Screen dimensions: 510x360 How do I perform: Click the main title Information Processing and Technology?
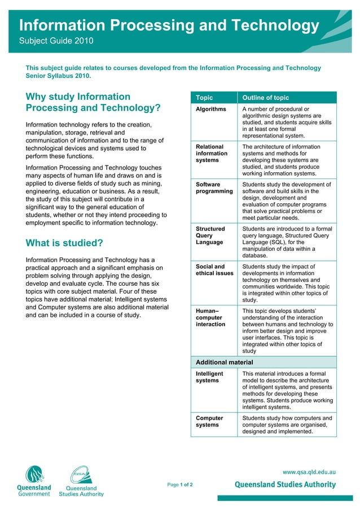[169, 25]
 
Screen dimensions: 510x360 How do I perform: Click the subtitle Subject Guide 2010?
[56, 41]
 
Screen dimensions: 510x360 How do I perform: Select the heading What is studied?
[64, 243]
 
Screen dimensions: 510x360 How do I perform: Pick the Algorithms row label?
[210, 109]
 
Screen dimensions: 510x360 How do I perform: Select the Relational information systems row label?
[212, 153]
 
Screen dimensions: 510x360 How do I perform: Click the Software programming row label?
[214, 188]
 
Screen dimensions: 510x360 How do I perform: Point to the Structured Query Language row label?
[210, 236]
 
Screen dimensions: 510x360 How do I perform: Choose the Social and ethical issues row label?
[214, 270]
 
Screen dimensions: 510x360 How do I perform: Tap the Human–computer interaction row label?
[210, 317]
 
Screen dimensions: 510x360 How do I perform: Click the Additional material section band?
[264, 362]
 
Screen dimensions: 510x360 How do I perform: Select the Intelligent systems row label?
[209, 377]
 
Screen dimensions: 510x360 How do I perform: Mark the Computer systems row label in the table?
[209, 421]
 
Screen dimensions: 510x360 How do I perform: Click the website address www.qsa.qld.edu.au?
[309, 471]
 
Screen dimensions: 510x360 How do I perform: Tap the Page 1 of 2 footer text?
[180, 485]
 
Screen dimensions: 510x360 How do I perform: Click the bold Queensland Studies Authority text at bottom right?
[285, 485]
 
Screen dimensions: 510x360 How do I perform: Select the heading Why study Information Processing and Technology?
[93, 102]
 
